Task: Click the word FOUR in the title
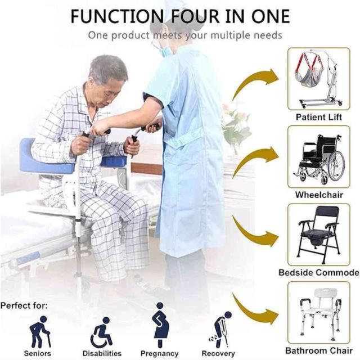pos(195,16)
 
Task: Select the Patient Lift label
pos(319,117)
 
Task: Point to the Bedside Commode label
pos(319,272)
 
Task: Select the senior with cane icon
pos(40,331)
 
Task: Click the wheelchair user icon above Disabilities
pos(101,332)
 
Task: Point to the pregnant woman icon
pos(160,325)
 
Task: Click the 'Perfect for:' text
pos(24,305)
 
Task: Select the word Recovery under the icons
pos(218,353)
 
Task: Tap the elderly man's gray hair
pos(109,68)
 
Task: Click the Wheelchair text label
pos(319,195)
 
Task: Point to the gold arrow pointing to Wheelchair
pos(253,159)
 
